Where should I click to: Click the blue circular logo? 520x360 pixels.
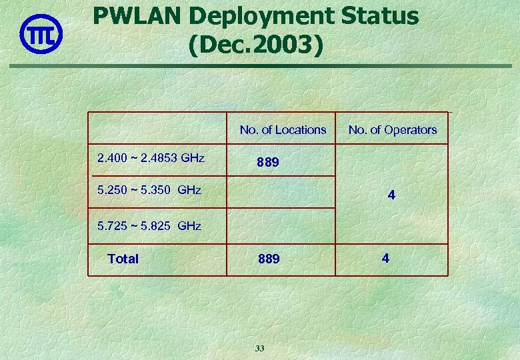[x=41, y=33]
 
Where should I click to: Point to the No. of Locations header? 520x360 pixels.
[x=283, y=130]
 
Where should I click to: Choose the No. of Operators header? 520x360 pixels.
[x=392, y=130]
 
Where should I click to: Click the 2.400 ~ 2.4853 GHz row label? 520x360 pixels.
[x=151, y=159]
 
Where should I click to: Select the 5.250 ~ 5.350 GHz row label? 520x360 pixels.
[x=149, y=190]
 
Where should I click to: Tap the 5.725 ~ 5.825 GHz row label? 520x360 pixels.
[x=149, y=226]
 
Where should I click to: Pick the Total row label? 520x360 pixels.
[x=123, y=259]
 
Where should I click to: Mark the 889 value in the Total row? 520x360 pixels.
[x=269, y=259]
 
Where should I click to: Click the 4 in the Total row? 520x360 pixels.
[x=385, y=257]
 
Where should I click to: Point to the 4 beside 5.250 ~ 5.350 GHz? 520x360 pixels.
[x=391, y=196]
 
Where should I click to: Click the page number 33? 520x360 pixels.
[x=259, y=348]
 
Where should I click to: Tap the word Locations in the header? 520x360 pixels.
[x=301, y=130]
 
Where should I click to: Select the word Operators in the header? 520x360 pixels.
[x=410, y=130]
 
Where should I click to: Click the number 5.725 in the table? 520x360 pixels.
[x=111, y=226]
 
